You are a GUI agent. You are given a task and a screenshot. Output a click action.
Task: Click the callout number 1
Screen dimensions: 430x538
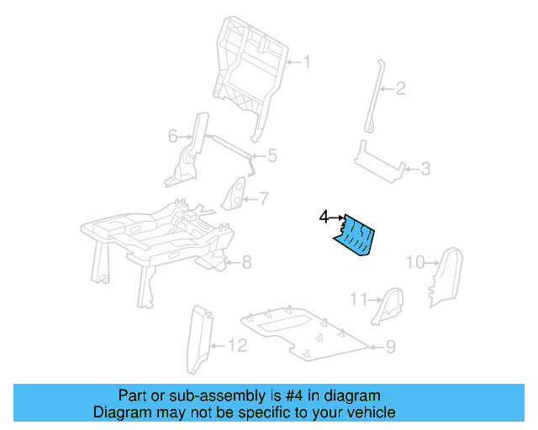tap(307, 61)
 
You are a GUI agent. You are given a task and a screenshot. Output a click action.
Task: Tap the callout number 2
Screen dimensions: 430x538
tap(401, 87)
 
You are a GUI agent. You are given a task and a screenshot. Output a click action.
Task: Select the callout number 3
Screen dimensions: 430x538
tap(425, 170)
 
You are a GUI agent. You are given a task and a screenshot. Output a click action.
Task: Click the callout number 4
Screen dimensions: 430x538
tap(324, 217)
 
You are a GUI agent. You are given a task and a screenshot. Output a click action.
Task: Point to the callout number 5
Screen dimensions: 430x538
tap(272, 155)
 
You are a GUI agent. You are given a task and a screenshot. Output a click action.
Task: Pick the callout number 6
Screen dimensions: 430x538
tap(172, 135)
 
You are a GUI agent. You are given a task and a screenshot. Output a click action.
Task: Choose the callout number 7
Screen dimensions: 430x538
tap(263, 199)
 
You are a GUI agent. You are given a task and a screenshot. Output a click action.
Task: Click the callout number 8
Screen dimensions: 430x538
tap(246, 263)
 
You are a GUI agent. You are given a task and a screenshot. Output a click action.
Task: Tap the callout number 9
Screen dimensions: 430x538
tap(390, 346)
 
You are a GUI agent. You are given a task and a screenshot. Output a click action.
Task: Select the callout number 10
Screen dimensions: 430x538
tap(415, 262)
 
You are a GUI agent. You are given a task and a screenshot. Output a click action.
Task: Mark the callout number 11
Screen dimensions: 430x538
tap(359, 299)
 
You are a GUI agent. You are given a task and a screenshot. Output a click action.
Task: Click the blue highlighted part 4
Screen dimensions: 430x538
tap(356, 235)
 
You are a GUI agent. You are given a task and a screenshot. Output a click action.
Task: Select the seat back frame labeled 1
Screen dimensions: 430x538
tap(248, 67)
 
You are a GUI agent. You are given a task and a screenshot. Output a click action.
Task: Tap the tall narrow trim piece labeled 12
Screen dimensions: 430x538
tap(198, 340)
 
